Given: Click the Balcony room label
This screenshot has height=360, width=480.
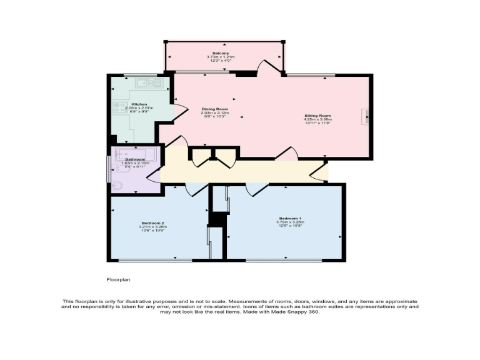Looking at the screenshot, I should pos(219,53).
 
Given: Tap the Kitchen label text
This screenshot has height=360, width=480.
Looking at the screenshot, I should pos(139,104).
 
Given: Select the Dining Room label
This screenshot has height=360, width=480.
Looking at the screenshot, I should pos(215,109).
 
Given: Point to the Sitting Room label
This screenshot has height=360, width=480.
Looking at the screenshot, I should pos(317,116).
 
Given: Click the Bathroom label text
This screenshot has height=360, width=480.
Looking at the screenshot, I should pos(135,159).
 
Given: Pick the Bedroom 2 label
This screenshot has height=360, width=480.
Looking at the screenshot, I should pos(152,223).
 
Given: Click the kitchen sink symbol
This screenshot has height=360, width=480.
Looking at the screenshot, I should pos(149,82).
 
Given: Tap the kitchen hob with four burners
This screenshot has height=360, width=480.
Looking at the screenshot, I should pos(119,107).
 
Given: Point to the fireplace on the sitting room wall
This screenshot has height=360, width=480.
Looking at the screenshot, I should pos(366,117).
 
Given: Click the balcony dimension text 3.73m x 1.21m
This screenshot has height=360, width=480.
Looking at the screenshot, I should pos(219,57).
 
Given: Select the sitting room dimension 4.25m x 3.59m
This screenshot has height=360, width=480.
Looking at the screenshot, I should pos(317,119).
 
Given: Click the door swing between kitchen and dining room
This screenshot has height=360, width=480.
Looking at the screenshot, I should pos(179,112).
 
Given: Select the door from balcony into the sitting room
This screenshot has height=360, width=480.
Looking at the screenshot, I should pos(271,67).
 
